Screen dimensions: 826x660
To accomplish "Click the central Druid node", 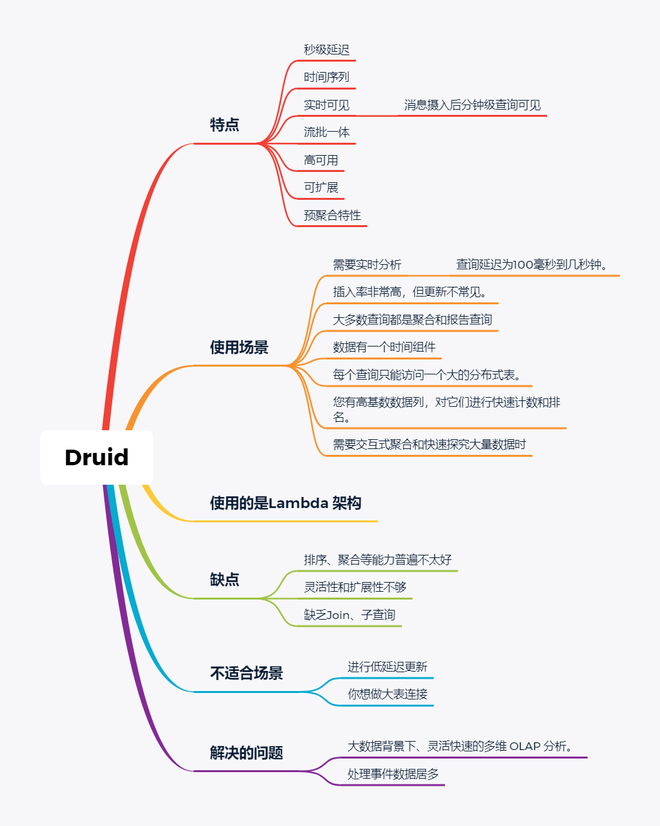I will coord(97,457).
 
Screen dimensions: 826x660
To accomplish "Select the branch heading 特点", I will coord(224,125).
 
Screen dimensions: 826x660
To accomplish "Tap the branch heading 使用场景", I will coord(239,347).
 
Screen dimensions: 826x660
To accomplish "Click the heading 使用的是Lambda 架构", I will coord(285,503).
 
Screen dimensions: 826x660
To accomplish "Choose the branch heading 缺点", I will coord(224,579).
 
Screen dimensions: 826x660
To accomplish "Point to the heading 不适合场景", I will coord(246,674).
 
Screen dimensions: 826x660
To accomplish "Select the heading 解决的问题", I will coord(246,753).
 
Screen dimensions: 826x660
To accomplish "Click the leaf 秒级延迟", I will coord(327,50).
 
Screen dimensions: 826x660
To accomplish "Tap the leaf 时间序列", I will coord(327,77).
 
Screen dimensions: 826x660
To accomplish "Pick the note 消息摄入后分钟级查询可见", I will coord(472,105).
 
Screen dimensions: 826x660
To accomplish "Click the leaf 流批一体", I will coord(327,132).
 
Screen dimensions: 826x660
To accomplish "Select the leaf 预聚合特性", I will coord(333,215).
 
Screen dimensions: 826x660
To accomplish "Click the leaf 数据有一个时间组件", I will coord(384,347).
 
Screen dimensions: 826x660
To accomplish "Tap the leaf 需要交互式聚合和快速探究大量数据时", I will coord(429,444).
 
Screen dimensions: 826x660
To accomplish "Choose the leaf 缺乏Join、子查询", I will coord(349,615).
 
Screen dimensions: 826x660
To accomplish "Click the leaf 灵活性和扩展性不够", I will coord(355,587).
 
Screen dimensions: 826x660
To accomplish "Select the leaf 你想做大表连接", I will coord(388,694).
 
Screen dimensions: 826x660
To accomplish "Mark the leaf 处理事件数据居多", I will coord(393,774).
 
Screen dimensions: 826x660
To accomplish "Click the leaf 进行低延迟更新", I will coord(388,667).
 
